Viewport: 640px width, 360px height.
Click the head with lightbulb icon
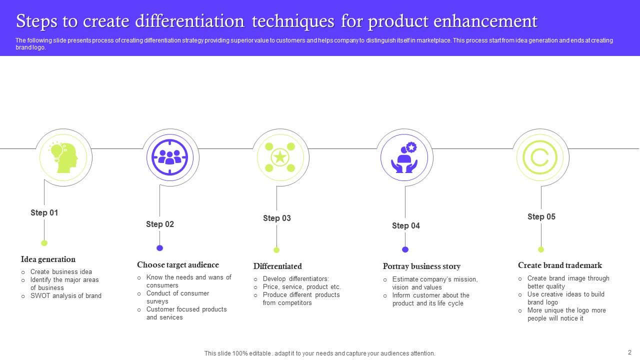click(63, 157)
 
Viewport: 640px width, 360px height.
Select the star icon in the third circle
click(280, 157)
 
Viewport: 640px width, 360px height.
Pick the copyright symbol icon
click(540, 157)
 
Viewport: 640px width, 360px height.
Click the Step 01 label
click(44, 212)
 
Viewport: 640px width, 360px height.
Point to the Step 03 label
click(276, 218)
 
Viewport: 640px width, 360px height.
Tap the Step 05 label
click(541, 216)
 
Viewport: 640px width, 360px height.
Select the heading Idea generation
click(48, 259)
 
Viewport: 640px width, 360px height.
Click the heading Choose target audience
click(177, 264)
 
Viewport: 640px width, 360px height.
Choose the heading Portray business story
click(421, 266)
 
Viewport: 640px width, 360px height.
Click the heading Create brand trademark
click(559, 265)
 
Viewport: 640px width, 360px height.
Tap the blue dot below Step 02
click(159, 248)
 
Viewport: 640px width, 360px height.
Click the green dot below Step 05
click(540, 249)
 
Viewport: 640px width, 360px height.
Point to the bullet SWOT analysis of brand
click(65, 296)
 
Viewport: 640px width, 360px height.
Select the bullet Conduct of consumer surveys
click(177, 297)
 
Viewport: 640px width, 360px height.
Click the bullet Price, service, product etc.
click(301, 287)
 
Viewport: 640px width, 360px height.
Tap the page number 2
click(629, 352)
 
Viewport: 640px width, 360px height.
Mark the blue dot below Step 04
click(405, 249)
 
